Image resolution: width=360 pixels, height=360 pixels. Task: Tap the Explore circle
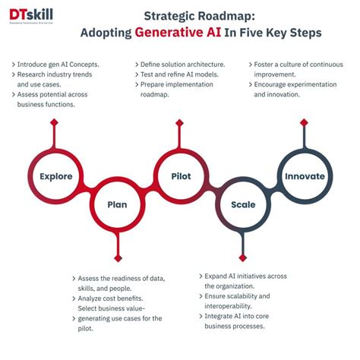pos(55,177)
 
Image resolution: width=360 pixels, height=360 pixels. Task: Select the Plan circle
pos(117,204)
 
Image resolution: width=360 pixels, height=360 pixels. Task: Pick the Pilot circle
pos(181,177)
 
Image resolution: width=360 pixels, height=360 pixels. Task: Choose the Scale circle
pos(243,204)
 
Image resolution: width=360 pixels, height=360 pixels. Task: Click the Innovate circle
pos(305,177)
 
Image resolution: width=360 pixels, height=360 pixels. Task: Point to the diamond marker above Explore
pos(55,122)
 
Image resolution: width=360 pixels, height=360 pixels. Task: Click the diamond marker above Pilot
pos(181,122)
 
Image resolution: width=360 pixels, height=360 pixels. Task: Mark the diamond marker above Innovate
pos(305,122)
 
